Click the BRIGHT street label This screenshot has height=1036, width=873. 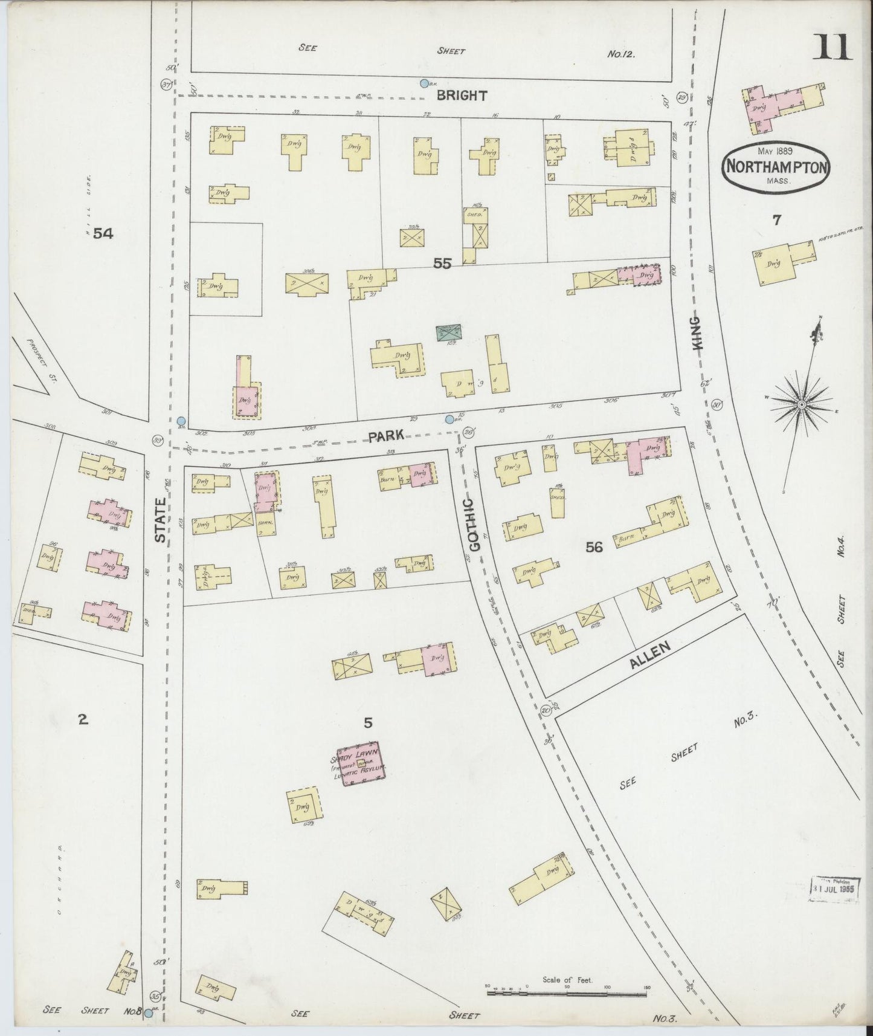point(462,96)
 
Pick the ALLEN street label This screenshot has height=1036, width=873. point(650,655)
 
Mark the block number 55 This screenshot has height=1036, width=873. point(442,263)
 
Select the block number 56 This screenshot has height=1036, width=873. point(594,548)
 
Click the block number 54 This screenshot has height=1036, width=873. point(103,234)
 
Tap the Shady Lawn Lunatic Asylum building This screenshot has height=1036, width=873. point(361,764)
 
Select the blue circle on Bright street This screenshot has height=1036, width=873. point(425,83)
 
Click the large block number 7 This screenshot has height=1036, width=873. point(776,220)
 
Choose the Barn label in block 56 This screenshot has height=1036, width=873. point(625,539)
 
